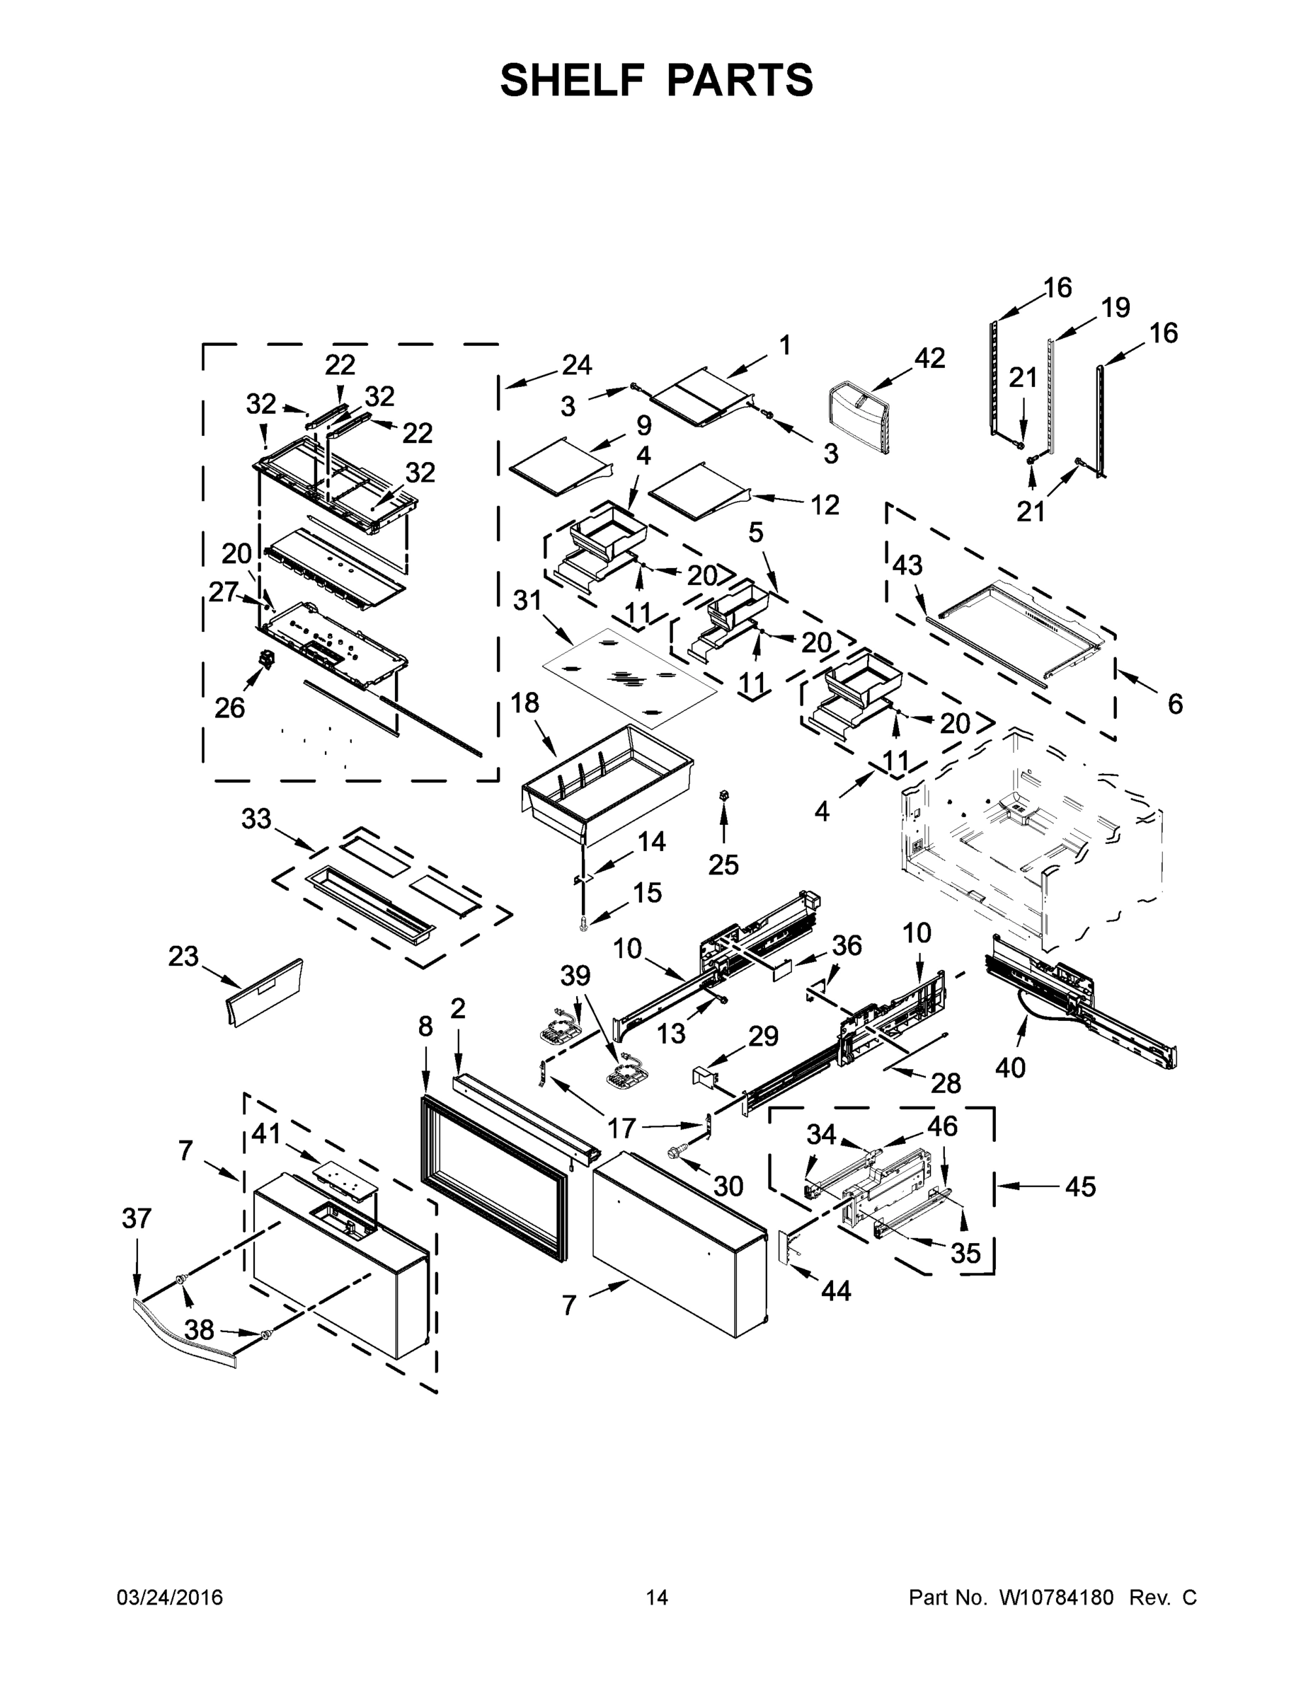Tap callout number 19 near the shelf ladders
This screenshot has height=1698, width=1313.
[1116, 308]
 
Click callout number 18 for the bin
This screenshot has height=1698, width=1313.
[525, 703]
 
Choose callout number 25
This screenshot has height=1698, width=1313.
[723, 864]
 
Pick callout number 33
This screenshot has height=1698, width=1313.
[256, 818]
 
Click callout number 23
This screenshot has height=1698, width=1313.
[183, 956]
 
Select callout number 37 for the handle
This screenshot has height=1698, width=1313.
[136, 1218]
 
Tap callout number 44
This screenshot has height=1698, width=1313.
[836, 1291]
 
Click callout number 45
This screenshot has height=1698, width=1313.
[1079, 1186]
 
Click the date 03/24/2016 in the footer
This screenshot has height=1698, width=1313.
[170, 1597]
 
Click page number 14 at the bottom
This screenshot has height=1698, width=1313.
[657, 1597]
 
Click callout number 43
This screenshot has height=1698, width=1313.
[906, 565]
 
